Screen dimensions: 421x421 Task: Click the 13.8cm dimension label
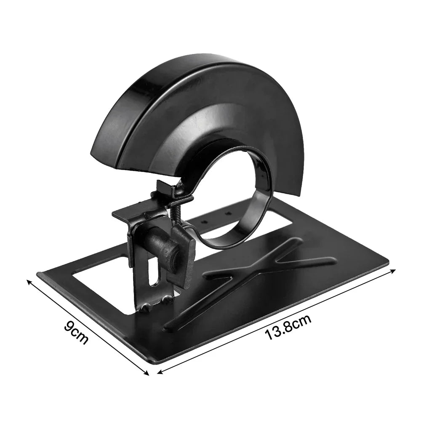[x=288, y=328]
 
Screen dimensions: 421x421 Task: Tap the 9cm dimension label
[x=77, y=332]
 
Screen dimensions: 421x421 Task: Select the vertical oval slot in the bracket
[x=153, y=273]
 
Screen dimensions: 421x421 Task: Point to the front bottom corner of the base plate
[x=152, y=362]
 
